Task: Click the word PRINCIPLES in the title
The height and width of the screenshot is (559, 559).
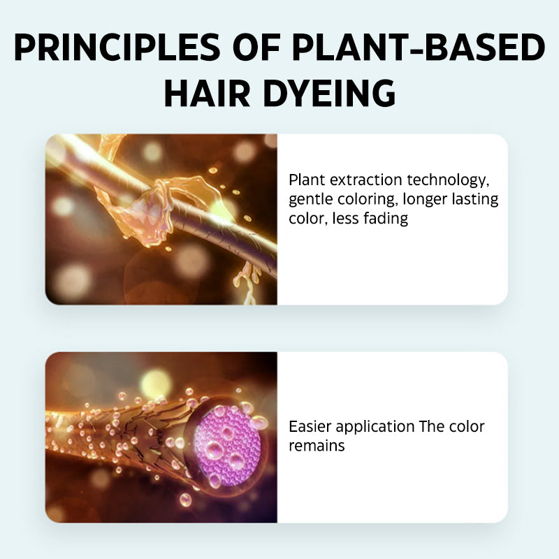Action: tap(117, 47)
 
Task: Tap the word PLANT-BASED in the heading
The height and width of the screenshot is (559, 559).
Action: tap(418, 47)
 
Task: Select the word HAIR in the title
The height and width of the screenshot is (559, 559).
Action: tap(207, 93)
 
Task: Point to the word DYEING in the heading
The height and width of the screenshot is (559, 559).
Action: tap(329, 93)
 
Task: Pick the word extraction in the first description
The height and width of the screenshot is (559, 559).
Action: tap(365, 180)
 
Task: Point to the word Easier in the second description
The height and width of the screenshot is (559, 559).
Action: tap(310, 427)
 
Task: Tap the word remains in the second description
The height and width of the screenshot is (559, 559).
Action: tap(317, 446)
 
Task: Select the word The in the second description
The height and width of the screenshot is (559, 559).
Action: tap(431, 427)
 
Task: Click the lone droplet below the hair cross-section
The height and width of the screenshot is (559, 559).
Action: tap(185, 500)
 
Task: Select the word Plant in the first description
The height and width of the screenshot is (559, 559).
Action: tap(307, 180)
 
